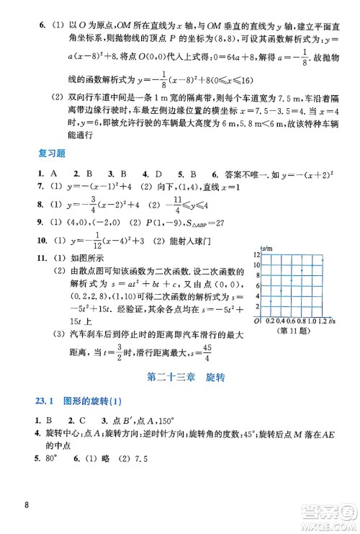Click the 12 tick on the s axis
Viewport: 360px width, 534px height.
coord(256,254)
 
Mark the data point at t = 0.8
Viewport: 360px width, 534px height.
coord(301,270)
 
